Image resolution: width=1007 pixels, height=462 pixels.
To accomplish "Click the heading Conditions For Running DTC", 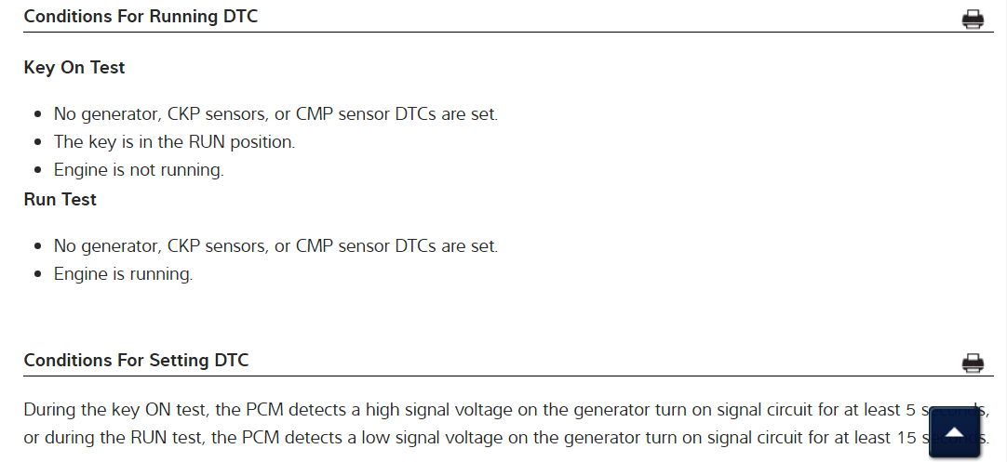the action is pos(141,17).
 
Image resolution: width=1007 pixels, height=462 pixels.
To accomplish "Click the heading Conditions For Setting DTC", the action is pos(136,360).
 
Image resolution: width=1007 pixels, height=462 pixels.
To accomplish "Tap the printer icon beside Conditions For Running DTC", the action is pos(973,20).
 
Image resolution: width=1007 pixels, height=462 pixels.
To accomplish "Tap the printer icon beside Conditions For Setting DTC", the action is pos(973,363).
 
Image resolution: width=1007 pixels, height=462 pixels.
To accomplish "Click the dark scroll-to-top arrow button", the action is pos(954,432).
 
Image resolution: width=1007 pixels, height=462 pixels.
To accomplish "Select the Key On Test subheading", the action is pos(74,68).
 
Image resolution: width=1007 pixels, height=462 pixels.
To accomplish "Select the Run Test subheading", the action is pos(60,199).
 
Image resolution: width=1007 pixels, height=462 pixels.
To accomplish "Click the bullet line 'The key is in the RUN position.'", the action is pos(174,142).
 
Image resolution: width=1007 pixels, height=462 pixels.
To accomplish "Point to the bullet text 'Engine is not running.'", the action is pos(139,170).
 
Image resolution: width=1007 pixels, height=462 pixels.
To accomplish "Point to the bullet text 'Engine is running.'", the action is pos(123,274).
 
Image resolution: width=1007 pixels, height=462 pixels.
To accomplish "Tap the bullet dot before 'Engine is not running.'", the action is pos(37,171).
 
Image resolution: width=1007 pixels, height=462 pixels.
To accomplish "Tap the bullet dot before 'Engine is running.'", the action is pos(37,275).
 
